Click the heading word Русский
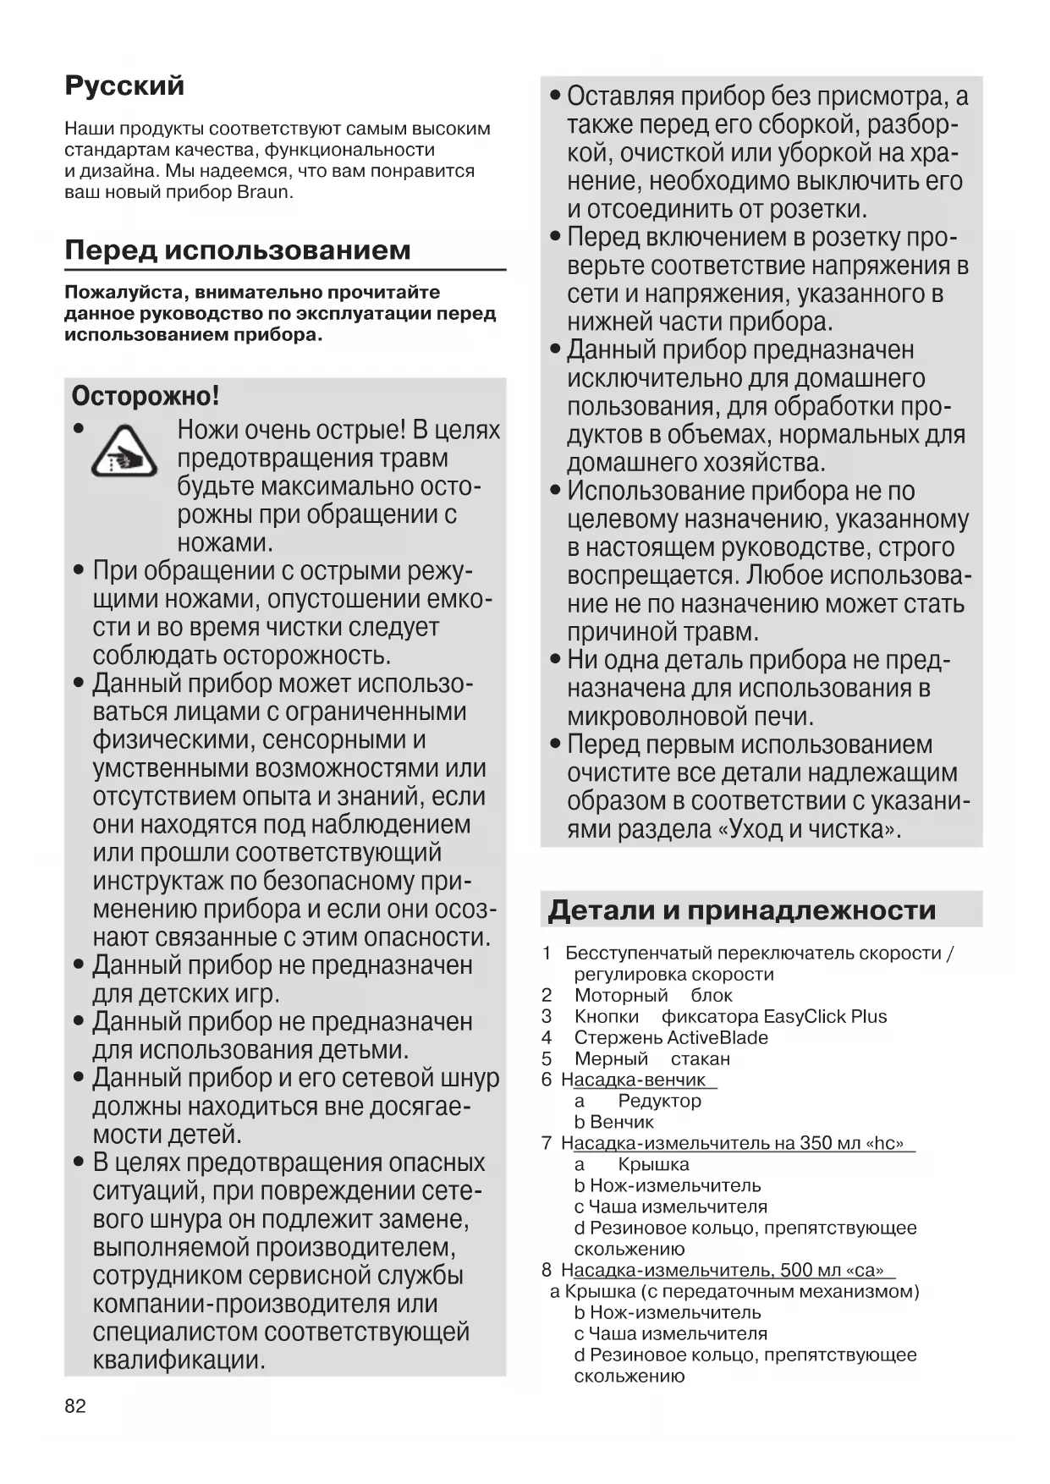pos(124,85)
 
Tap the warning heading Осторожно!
pos(146,396)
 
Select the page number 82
pos(75,1406)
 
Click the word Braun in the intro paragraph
pos(262,192)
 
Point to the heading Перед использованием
pos(238,250)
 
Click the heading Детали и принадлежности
pos(741,910)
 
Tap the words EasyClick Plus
pos(825,1017)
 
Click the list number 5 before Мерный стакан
pos(547,1059)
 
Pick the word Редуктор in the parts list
pos(659,1102)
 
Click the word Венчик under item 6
pos(622,1123)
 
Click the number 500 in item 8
pos(797,1271)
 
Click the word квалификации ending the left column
pos(179,1360)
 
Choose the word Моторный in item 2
pos(621,996)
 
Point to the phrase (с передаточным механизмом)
pos(780,1292)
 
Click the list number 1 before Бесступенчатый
pos(547,954)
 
